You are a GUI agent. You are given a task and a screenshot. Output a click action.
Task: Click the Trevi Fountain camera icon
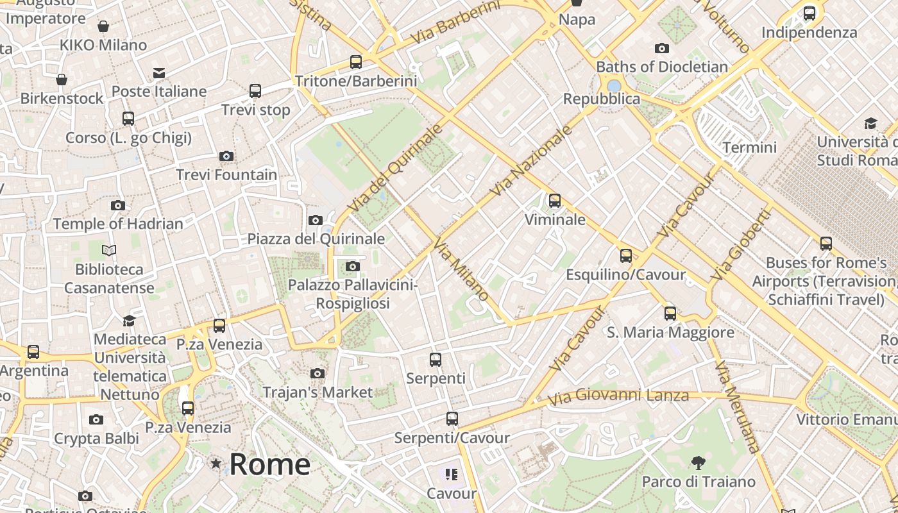click(x=226, y=156)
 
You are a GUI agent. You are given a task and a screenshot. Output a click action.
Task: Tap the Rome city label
click(x=269, y=464)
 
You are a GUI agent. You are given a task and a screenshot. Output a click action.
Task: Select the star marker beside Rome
click(x=216, y=463)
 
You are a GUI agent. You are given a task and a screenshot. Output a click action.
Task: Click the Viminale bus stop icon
click(x=555, y=201)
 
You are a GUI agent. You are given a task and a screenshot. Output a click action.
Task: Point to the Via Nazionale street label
click(x=531, y=161)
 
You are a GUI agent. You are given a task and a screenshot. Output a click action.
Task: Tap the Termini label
click(x=749, y=147)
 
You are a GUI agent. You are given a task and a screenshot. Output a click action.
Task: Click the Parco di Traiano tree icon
click(x=698, y=462)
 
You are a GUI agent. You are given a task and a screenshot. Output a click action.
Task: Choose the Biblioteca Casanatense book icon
click(x=109, y=250)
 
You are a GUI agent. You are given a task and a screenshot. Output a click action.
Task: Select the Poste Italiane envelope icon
click(x=159, y=73)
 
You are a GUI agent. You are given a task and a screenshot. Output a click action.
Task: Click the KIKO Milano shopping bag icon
click(x=103, y=26)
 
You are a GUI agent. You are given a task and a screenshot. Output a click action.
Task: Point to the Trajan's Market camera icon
click(x=317, y=373)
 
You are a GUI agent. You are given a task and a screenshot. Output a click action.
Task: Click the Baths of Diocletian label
click(x=662, y=67)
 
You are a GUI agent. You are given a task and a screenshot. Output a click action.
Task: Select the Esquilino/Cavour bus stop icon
click(x=626, y=256)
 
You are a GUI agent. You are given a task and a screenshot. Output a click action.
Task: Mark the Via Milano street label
click(x=461, y=269)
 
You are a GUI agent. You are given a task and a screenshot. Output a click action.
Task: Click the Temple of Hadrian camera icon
click(x=118, y=205)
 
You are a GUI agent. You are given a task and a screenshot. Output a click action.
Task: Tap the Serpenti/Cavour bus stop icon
click(x=452, y=419)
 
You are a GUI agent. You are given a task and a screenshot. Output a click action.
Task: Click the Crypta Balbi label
click(x=96, y=439)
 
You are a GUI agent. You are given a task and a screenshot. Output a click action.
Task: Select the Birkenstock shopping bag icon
click(x=62, y=80)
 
